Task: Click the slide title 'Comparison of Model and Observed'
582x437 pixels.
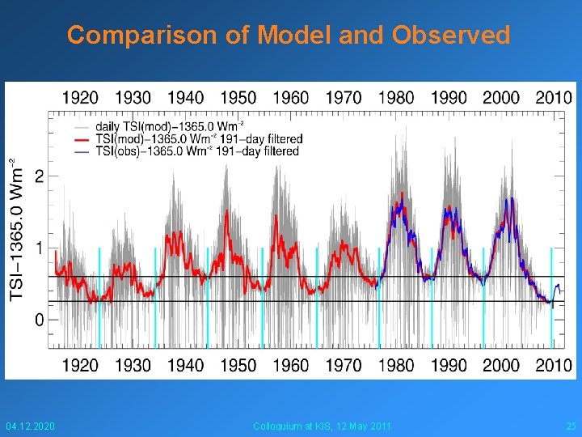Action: (x=289, y=36)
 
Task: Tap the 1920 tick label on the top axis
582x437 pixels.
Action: (x=81, y=97)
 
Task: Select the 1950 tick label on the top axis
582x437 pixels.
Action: (x=238, y=97)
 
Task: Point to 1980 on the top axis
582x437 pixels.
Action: (x=396, y=97)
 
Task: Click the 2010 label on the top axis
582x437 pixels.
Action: (x=554, y=97)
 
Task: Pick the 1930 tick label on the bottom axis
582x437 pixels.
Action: (x=133, y=365)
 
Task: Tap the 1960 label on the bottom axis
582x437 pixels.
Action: (x=291, y=365)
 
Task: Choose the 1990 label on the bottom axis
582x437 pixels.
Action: (x=449, y=365)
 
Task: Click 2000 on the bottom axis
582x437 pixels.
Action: (x=501, y=365)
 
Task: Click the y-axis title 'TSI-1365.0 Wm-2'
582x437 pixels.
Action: (x=17, y=231)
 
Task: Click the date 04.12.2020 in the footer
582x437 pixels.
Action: (x=30, y=426)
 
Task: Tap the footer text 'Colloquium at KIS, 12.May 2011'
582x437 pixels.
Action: (x=322, y=426)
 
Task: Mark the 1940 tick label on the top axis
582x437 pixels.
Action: (x=186, y=97)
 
